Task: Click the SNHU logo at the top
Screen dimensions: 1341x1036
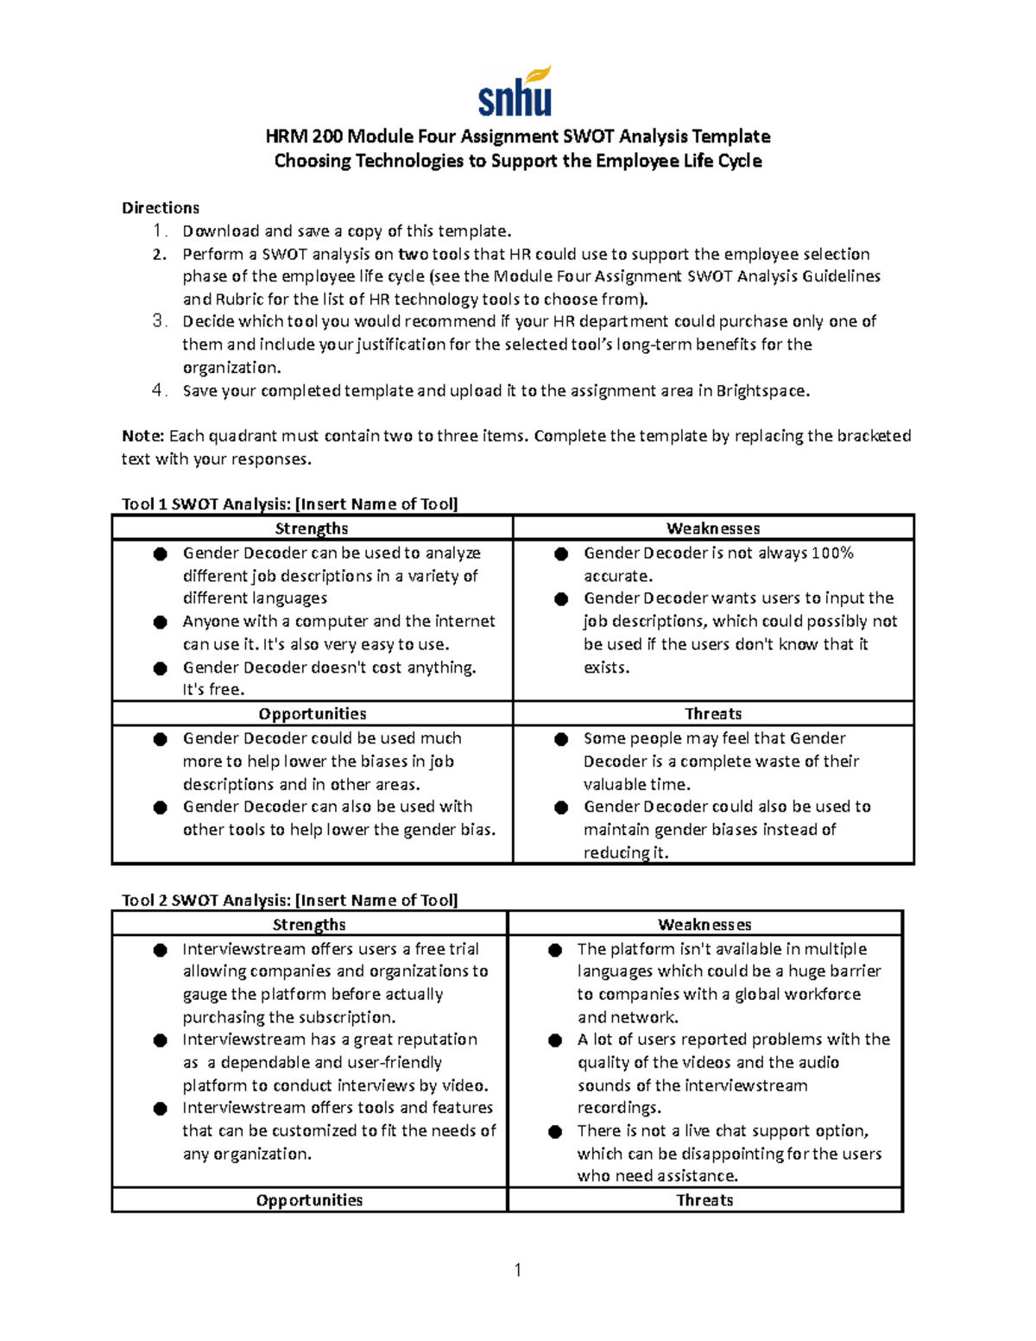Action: [x=515, y=92]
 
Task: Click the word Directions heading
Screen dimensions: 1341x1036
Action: [x=161, y=208]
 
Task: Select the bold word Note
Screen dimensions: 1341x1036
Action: [x=142, y=436]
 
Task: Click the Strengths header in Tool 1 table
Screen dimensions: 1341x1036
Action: [x=312, y=528]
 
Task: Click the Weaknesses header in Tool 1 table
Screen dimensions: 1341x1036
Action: [x=713, y=528]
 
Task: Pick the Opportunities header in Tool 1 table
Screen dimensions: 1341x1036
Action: [x=313, y=714]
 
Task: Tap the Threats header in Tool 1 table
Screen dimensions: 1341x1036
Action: [x=713, y=714]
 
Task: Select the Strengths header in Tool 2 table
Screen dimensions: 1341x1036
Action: [x=309, y=925]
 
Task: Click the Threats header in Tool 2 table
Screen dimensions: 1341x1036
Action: [x=704, y=1200]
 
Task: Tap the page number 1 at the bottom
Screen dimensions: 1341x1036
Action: [x=517, y=1269]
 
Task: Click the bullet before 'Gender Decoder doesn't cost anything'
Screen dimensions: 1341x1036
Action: [x=160, y=668]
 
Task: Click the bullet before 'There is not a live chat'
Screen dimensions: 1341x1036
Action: [x=555, y=1132]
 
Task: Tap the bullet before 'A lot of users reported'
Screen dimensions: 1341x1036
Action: [x=555, y=1041]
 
